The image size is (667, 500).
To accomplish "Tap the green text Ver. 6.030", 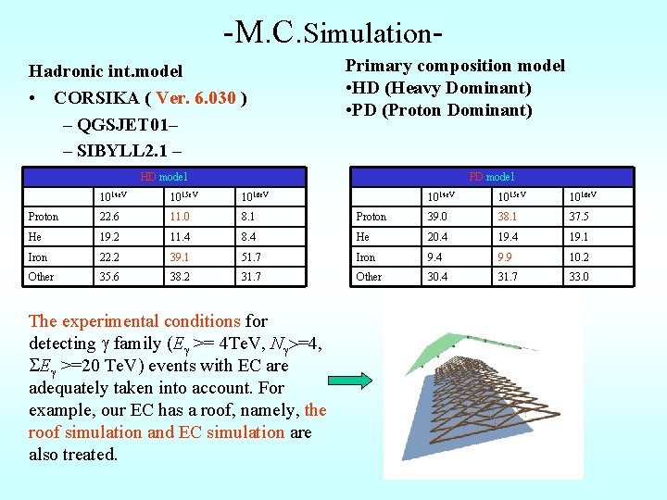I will (x=196, y=97).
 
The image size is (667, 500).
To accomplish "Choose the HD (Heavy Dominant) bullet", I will (x=438, y=88).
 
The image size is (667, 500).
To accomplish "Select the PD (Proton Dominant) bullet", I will (x=439, y=110).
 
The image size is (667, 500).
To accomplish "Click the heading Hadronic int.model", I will (x=106, y=71).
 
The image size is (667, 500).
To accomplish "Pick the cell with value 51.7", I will (x=251, y=257).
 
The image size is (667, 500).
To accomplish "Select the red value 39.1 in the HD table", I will (x=180, y=257).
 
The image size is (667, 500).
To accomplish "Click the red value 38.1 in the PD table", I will (x=509, y=217).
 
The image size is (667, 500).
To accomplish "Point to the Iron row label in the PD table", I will (x=367, y=257).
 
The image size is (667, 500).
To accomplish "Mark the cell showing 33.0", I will (x=580, y=277).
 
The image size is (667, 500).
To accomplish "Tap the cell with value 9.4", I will (x=434, y=257).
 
